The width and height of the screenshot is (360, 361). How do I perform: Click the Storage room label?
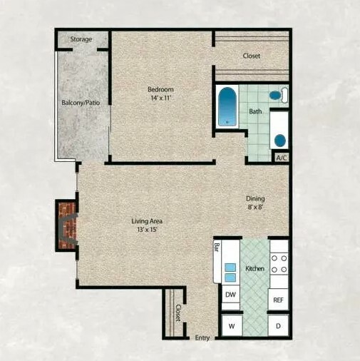click(81, 39)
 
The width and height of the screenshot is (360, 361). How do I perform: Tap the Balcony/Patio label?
click(81, 103)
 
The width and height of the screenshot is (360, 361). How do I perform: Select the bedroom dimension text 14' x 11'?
click(161, 98)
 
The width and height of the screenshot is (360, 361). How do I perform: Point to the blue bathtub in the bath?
click(227, 106)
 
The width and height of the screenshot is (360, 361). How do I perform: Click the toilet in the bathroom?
click(279, 95)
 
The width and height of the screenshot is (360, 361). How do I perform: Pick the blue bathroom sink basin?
click(280, 141)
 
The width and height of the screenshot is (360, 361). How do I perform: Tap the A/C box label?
click(282, 158)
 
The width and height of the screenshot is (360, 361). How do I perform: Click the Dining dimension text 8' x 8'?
click(255, 207)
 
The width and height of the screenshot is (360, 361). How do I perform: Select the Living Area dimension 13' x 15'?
click(148, 230)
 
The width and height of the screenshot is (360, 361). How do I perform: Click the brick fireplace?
click(67, 225)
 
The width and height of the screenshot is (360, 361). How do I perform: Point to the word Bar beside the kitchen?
click(217, 248)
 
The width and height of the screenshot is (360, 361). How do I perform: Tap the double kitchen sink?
click(230, 273)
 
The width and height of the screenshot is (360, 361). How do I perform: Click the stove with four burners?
click(279, 264)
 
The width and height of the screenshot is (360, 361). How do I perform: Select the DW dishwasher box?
click(230, 295)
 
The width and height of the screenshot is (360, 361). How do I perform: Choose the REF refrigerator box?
click(278, 300)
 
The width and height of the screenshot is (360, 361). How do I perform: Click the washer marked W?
click(232, 325)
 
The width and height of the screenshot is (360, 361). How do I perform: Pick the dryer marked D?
click(278, 325)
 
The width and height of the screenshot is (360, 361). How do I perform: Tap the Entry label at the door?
click(202, 337)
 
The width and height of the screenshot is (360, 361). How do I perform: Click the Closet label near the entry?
click(178, 312)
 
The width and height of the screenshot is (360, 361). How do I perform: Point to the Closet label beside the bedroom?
click(252, 56)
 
